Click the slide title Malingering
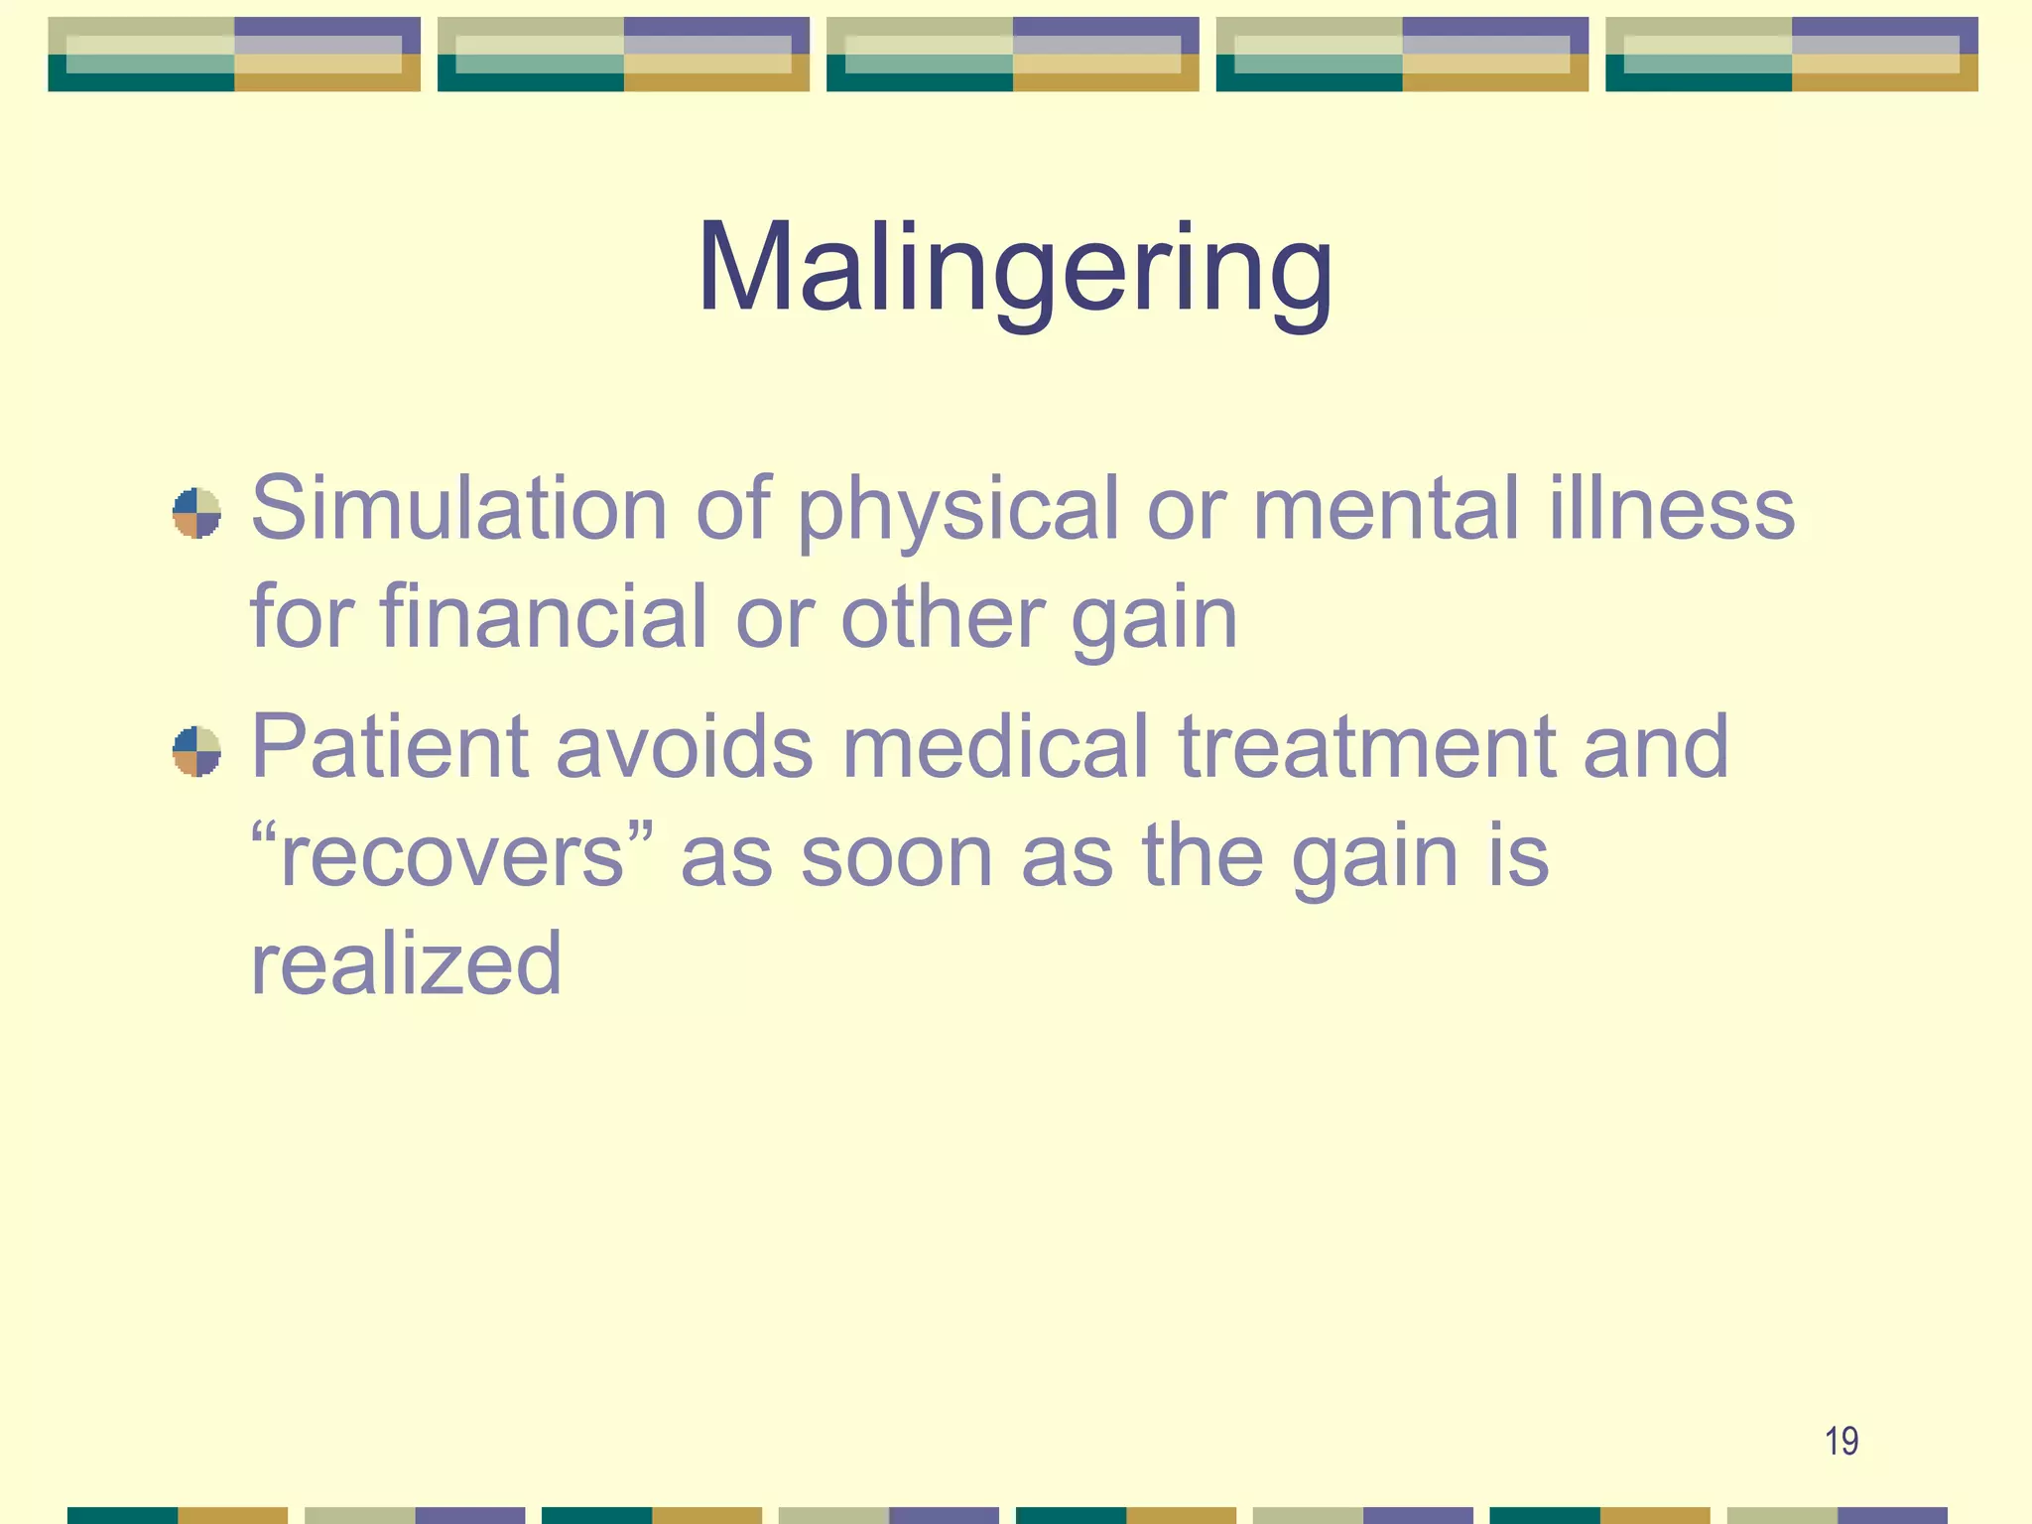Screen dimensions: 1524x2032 point(1014,268)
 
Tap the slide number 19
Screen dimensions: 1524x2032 point(1841,1441)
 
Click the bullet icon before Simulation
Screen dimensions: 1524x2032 point(196,513)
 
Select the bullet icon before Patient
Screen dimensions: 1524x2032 point(196,751)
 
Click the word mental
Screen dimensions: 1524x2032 point(1386,508)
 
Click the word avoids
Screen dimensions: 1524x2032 point(685,746)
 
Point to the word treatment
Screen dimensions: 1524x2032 point(1366,746)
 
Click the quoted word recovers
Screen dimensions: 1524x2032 point(451,855)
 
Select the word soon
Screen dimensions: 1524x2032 point(896,855)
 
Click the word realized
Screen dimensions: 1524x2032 point(406,964)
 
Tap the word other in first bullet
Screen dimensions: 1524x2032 point(942,617)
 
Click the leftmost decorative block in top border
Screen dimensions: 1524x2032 point(234,55)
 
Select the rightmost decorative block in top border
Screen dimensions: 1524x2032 point(1791,55)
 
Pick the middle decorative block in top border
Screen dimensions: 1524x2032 point(1012,55)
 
